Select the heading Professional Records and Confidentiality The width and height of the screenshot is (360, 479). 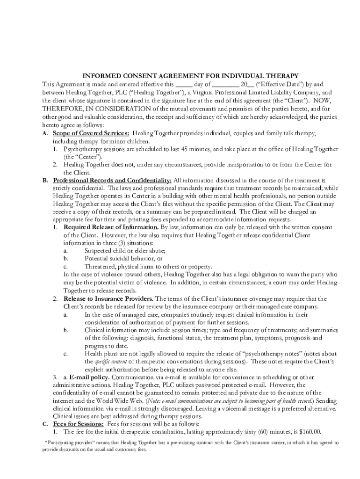coord(112,180)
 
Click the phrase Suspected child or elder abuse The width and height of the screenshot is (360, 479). coord(125,251)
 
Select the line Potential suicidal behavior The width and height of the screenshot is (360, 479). coord(120,259)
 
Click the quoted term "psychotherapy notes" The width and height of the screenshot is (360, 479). coord(248,353)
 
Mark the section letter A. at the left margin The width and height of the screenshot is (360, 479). coord(45,133)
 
